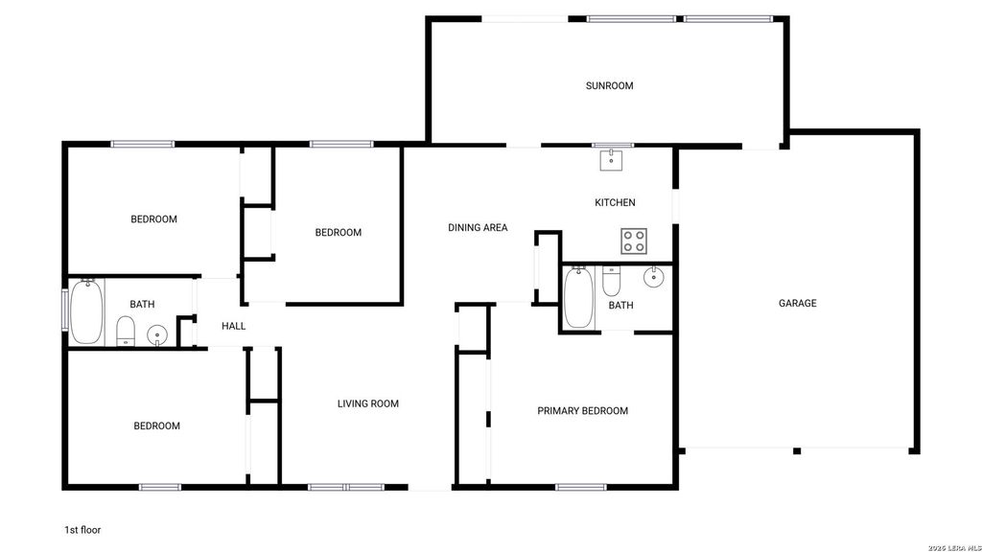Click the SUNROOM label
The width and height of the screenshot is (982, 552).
[609, 85]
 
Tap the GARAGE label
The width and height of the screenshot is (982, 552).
[797, 303]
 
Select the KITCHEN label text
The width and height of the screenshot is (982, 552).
[615, 202]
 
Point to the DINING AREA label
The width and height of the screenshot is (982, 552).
[478, 228]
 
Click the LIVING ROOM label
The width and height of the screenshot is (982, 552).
[368, 403]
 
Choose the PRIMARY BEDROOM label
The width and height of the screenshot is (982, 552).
[582, 410]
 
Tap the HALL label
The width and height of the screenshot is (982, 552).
[234, 326]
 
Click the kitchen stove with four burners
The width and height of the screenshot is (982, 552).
[634, 241]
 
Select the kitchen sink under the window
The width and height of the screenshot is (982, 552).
[611, 160]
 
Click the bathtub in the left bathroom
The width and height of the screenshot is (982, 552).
[86, 311]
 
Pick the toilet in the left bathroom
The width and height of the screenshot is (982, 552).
[126, 331]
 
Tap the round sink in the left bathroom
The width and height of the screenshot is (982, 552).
[157, 335]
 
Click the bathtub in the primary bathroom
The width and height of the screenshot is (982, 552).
[578, 297]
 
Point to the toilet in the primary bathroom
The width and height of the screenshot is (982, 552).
[611, 282]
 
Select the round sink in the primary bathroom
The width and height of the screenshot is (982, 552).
[653, 277]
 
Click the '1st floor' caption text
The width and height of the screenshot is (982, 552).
[82, 529]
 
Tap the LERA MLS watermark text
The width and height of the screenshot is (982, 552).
[954, 548]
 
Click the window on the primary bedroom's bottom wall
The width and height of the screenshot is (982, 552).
[580, 487]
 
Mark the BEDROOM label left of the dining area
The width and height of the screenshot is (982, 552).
[339, 232]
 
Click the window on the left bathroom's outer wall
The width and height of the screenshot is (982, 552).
[64, 310]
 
